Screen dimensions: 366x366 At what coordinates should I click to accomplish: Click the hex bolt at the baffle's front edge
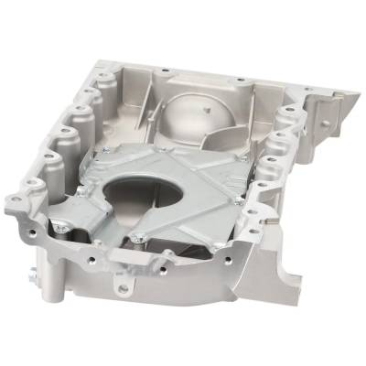click(137, 239)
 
